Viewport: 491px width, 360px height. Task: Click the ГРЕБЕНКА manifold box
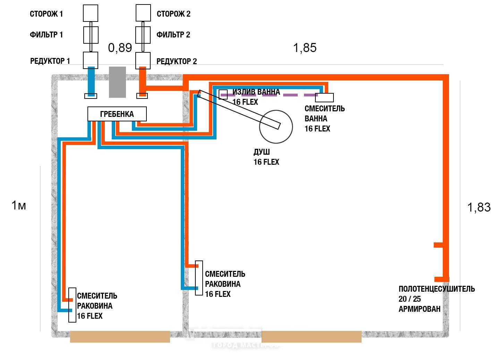pos(117,114)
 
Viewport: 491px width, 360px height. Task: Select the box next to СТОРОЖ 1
pos(91,13)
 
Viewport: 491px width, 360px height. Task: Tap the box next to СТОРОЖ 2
pos(143,13)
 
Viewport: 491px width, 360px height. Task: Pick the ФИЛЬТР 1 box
pos(91,35)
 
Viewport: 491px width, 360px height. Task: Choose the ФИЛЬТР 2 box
pos(143,35)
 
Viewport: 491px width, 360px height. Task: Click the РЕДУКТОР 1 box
pos(91,60)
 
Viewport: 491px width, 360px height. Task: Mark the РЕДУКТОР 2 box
pos(143,60)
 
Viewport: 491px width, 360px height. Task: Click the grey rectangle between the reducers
pos(117,82)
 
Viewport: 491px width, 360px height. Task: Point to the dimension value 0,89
pos(120,48)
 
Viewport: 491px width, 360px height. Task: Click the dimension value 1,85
pos(305,48)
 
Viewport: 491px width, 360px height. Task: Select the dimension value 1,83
pos(479,207)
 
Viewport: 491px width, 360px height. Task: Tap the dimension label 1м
pos(19,205)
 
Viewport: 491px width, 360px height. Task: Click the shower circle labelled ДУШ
pos(276,127)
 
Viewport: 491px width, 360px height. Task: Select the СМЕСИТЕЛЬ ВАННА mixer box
pos(324,97)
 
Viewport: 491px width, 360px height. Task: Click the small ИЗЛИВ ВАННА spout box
pos(223,94)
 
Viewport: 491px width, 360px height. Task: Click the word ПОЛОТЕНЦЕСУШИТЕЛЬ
pos(437,289)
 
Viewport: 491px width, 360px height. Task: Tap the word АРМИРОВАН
pos(419,309)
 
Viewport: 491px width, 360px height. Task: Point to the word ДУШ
pos(262,152)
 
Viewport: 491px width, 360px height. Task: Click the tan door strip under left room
pos(120,337)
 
